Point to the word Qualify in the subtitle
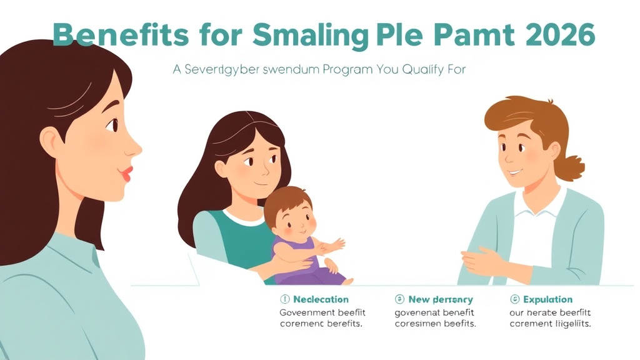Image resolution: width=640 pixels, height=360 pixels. (419, 70)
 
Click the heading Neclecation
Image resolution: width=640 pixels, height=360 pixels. (321, 299)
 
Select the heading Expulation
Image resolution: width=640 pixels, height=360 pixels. (547, 299)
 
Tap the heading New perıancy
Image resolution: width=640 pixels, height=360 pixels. (441, 299)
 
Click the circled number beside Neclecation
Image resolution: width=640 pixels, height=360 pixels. (285, 299)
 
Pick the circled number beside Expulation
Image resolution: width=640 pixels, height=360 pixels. (515, 299)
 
